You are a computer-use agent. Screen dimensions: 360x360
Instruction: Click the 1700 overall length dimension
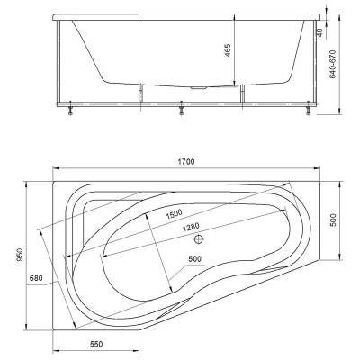(186, 162)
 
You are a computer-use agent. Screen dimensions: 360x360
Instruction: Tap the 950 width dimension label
(20, 255)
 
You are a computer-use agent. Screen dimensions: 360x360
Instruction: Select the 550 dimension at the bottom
(96, 344)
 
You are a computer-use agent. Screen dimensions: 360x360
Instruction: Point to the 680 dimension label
(36, 278)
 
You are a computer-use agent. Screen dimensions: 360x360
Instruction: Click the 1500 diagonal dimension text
(175, 213)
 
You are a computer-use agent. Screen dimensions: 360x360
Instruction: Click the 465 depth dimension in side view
(228, 50)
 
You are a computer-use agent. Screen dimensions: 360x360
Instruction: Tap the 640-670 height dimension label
(333, 64)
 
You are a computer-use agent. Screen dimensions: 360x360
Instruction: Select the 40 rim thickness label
(319, 32)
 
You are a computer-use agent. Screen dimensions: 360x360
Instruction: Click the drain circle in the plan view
(199, 239)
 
